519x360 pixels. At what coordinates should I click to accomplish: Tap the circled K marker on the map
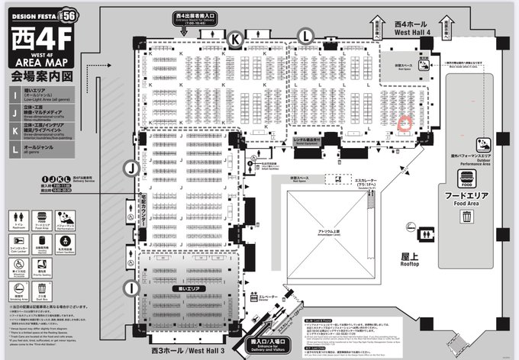click(x=237, y=38)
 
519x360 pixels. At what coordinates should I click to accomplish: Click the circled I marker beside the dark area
click(x=131, y=288)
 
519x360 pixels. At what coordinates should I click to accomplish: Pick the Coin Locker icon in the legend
click(x=18, y=241)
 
